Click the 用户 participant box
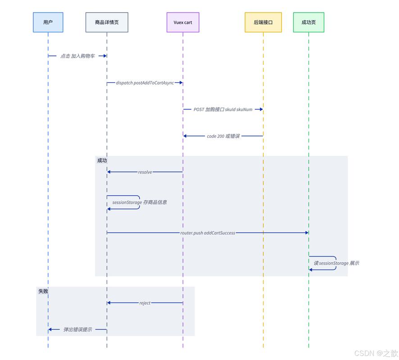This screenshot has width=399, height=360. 48,22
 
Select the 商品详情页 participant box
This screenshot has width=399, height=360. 107,22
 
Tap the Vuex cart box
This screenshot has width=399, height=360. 183,22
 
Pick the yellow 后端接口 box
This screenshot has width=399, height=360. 263,22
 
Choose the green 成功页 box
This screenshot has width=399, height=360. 308,22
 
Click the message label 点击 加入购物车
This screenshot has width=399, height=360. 77,56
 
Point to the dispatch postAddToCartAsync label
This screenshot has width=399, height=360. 145,83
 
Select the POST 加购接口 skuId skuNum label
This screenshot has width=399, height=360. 223,109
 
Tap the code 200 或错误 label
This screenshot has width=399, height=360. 223,136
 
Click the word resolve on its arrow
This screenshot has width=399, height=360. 145,172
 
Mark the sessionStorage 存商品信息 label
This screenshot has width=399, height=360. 140,202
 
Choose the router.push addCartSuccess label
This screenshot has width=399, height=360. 208,233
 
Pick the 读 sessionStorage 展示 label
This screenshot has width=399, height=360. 336,263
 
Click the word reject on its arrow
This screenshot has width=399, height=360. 145,303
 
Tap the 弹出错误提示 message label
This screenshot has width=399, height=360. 77,329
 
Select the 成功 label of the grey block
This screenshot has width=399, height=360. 102,160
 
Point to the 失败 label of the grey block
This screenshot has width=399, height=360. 43,291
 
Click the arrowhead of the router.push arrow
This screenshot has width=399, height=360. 307,233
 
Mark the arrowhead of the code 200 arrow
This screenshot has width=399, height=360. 185,136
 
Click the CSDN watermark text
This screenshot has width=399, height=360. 376,353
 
